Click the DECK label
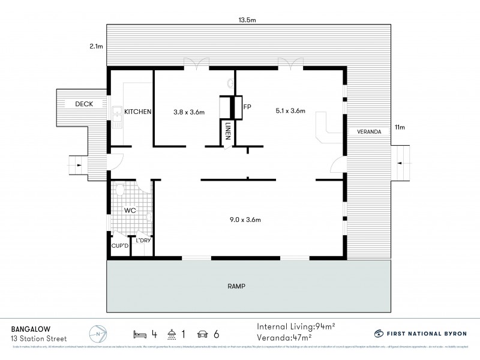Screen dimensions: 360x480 84,104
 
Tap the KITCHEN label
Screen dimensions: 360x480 137,112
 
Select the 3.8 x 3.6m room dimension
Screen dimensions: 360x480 189,112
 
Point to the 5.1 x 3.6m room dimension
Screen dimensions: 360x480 290,111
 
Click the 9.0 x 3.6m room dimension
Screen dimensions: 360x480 246,220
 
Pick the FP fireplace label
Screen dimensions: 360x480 246,107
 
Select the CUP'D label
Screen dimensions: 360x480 118,245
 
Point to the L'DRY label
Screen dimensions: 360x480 143,241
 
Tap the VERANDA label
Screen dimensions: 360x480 369,131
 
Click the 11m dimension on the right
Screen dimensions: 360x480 400,127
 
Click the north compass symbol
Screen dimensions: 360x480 97,333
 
